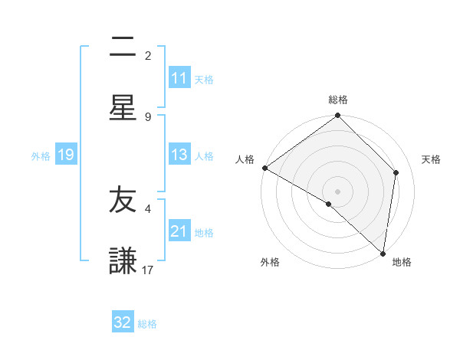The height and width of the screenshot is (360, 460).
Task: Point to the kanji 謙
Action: (x=123, y=260)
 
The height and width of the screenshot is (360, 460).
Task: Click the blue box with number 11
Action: (x=179, y=78)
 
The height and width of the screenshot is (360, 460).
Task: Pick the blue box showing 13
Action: (x=179, y=155)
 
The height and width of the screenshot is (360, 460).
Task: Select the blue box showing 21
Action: (x=179, y=231)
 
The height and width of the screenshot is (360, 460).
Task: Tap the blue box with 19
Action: (x=66, y=155)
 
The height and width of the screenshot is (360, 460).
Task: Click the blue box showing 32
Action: (x=123, y=322)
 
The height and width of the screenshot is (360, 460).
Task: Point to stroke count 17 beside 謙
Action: (x=148, y=270)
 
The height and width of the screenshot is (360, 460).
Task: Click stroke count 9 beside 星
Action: (x=148, y=116)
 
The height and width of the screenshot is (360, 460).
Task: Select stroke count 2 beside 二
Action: (x=148, y=55)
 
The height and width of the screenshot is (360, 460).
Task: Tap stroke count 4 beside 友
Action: (x=148, y=208)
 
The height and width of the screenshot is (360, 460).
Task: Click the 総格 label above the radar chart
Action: (x=338, y=100)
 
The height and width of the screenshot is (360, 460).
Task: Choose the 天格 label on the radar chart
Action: (x=431, y=159)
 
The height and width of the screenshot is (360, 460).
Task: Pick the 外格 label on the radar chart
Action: (x=270, y=262)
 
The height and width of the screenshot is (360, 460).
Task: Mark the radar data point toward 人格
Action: (x=264, y=168)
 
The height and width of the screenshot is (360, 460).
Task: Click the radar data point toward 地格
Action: (x=383, y=254)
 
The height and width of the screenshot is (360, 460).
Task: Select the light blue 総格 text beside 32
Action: (x=147, y=323)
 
